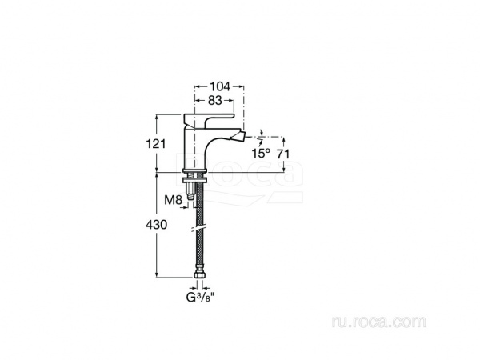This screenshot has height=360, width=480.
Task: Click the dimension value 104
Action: (219, 86)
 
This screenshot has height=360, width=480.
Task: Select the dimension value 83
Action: (214, 100)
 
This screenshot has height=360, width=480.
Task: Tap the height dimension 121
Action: (155, 143)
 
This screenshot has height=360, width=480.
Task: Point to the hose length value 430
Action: (157, 225)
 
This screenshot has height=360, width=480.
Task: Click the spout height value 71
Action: (283, 154)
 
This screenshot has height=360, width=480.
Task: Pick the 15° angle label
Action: (261, 153)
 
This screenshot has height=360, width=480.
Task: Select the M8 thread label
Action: (174, 200)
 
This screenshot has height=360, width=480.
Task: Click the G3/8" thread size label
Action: (200, 298)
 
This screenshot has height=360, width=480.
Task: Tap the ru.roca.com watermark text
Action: (378, 322)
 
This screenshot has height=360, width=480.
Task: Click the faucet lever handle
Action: (209, 118)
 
